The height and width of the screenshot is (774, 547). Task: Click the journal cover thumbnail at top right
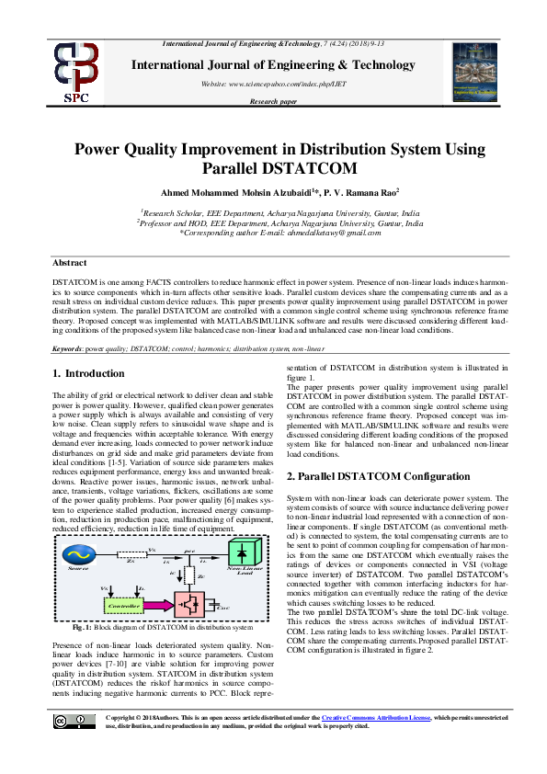click(475, 70)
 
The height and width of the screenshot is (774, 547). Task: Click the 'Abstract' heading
click(69, 263)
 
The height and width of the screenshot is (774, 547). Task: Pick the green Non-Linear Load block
click(216, 554)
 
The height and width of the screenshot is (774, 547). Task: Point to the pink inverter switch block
click(193, 608)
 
